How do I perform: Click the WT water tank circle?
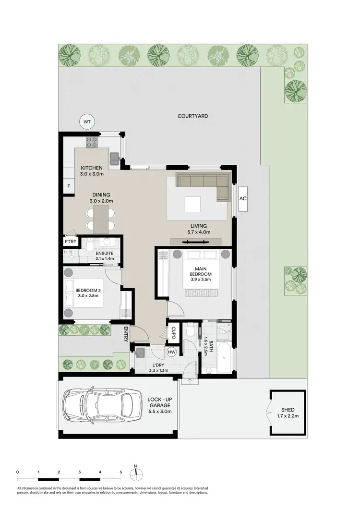(x=87, y=122)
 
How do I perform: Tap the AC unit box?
(x=243, y=198)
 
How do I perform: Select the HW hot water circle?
(x=171, y=352)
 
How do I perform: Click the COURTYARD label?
(x=192, y=116)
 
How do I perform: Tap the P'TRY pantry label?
(x=68, y=241)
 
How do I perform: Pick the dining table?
(x=100, y=219)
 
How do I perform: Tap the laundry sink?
(x=140, y=354)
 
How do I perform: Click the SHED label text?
(x=288, y=409)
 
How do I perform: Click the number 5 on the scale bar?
(x=120, y=472)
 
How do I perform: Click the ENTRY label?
(x=126, y=334)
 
